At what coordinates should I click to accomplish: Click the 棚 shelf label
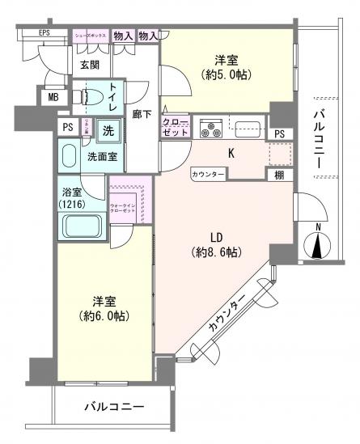point(278,174)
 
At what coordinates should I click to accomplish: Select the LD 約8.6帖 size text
point(212,252)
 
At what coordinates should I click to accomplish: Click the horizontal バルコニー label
point(114,407)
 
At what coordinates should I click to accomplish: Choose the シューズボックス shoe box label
point(91,36)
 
